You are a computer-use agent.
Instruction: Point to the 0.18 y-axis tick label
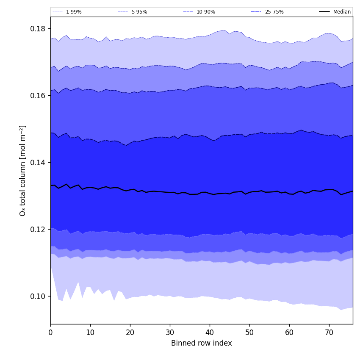click(x=38, y=29)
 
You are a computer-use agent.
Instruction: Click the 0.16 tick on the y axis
click(x=38, y=96)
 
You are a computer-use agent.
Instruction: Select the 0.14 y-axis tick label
click(x=38, y=163)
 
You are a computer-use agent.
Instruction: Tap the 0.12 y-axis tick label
click(x=38, y=230)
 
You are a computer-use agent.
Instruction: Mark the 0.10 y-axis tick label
click(x=38, y=296)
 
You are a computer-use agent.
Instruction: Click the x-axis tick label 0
click(x=50, y=332)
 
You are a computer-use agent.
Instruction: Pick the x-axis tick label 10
click(x=90, y=332)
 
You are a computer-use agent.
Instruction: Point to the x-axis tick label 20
click(x=130, y=332)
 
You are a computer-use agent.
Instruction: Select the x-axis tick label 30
click(x=170, y=332)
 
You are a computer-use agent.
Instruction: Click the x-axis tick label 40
click(x=210, y=332)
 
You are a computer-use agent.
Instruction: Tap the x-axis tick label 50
click(x=249, y=332)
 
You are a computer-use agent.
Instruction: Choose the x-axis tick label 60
click(x=289, y=332)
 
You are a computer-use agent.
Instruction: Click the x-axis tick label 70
click(x=329, y=332)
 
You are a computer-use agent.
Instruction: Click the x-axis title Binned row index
click(x=202, y=343)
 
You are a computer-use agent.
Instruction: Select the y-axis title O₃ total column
click(x=23, y=170)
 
